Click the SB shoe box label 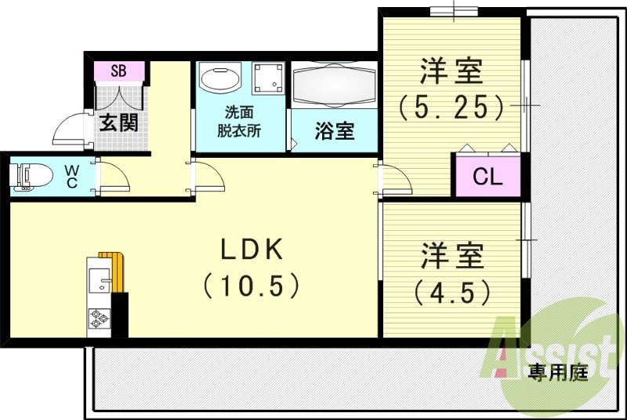[x=119, y=71]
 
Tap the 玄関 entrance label [x=119, y=122]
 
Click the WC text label [x=71, y=176]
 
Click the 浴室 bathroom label [x=335, y=130]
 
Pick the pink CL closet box [x=487, y=176]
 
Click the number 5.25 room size [x=451, y=106]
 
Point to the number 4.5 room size [x=453, y=292]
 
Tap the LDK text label [x=251, y=250]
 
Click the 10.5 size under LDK [x=252, y=285]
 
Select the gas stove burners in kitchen [x=100, y=319]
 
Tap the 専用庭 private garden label [x=557, y=371]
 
